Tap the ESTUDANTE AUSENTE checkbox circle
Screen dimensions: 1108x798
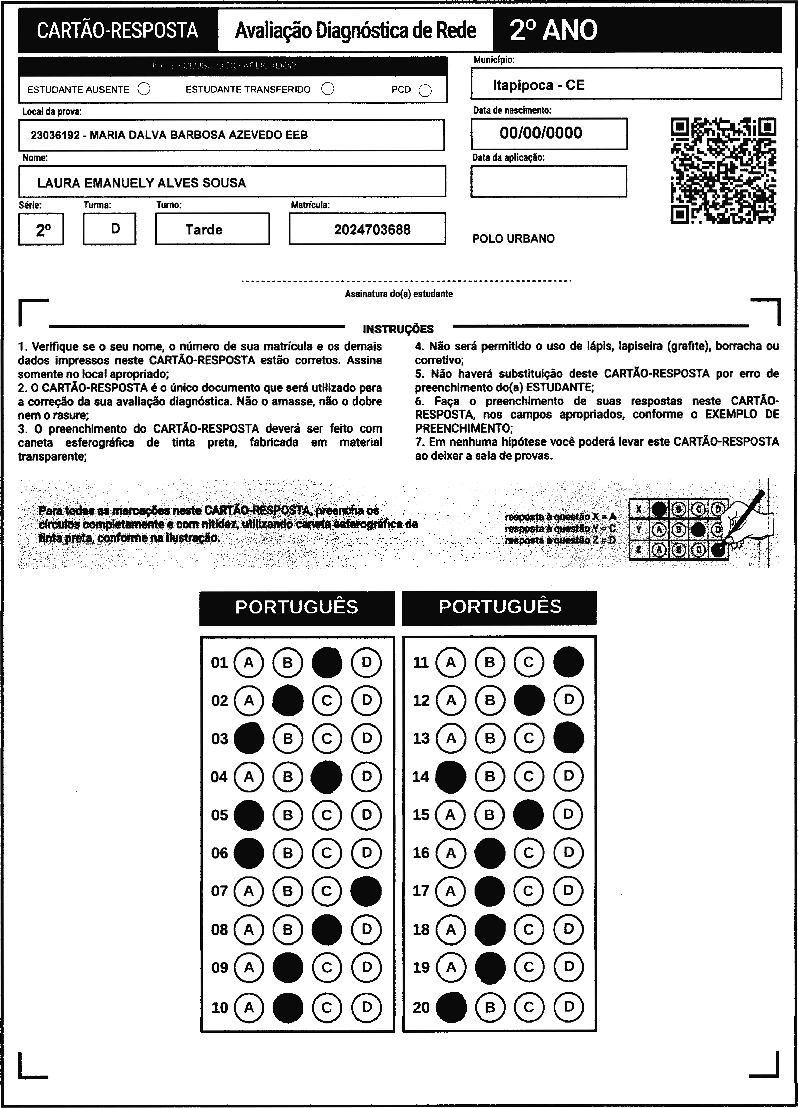coord(144,89)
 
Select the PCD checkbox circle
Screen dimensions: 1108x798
coord(425,91)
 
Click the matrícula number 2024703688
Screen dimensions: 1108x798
coord(372,230)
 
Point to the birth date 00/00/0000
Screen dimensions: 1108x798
coord(541,133)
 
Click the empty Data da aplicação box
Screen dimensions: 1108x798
coord(548,181)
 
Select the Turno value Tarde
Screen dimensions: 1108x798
coord(204,230)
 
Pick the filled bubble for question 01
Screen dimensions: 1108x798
coord(327,662)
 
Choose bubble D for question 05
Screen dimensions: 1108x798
coord(366,814)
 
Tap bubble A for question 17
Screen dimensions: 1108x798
coord(450,891)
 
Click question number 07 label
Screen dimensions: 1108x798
coord(219,891)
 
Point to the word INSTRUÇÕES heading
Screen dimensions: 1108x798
coord(398,329)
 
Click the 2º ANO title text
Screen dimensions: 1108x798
coord(553,30)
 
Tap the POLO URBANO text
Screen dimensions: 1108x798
coord(513,239)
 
